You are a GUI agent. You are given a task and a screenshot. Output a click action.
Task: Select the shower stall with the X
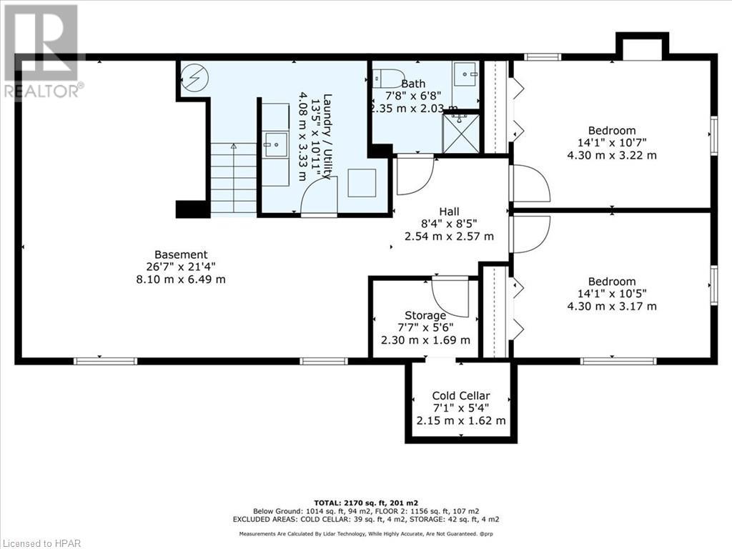tap(460, 134)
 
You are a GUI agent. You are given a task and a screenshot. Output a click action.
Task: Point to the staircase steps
tap(233, 178)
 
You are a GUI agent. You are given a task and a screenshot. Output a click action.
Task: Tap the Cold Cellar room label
tap(461, 395)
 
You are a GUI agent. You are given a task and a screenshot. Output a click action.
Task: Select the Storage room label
tap(425, 315)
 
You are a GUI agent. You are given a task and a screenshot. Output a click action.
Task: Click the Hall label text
tap(449, 211)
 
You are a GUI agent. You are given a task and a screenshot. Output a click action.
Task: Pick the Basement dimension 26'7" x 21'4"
tap(181, 267)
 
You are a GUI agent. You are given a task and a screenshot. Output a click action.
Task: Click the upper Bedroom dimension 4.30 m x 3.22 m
tap(611, 155)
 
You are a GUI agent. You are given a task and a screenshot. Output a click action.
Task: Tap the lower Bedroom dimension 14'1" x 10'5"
tap(611, 294)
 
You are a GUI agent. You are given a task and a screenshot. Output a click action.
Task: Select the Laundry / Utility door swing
tap(319, 196)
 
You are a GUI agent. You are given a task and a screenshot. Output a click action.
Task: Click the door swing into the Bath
tap(414, 175)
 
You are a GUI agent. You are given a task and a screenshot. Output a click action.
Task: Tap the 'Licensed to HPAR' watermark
tap(41, 542)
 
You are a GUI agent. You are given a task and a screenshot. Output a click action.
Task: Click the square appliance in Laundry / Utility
tap(362, 183)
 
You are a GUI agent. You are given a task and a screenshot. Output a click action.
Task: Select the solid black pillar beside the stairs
tap(192, 209)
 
